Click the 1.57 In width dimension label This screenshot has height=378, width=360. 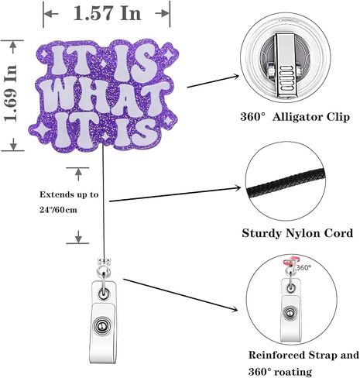point(108,13)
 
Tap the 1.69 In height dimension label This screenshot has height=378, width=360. point(11,94)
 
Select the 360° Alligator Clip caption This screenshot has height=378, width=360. point(295,117)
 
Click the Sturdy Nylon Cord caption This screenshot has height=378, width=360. point(297,233)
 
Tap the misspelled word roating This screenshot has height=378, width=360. point(293,372)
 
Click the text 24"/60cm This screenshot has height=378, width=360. point(58,210)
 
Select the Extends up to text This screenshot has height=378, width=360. point(69,194)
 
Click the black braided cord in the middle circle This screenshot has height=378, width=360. point(285,184)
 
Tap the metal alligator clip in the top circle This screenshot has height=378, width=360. point(285,67)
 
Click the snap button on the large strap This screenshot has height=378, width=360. point(102,326)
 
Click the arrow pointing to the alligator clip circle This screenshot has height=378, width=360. point(213,81)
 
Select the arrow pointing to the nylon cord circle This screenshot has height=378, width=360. point(175,194)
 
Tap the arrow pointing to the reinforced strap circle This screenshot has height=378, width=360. point(180,295)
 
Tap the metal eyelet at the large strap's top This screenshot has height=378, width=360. point(104,294)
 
